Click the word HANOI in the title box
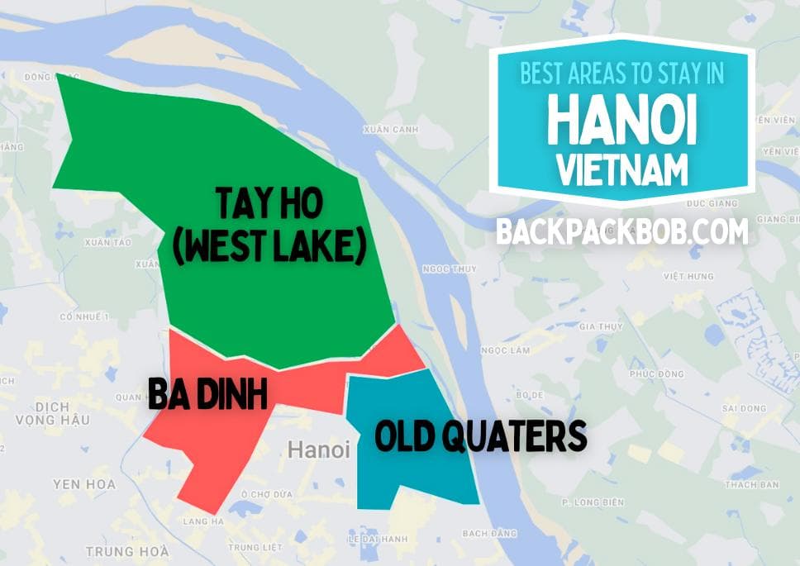[x=621, y=120]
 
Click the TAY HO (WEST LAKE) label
[x=269, y=225]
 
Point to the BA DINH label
[x=207, y=394]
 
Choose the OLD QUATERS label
[x=480, y=435]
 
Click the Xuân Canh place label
[x=391, y=130]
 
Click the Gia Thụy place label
[x=601, y=326]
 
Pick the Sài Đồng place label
[x=744, y=408]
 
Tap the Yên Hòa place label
[x=84, y=483]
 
